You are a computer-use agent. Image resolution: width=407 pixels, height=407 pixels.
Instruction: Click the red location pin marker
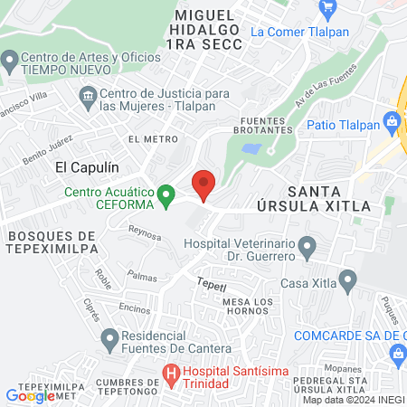(x=203, y=184)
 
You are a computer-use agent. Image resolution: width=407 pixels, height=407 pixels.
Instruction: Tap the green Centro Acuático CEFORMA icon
(x=166, y=194)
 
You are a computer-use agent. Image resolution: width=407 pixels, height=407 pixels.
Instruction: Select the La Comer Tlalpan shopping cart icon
(x=327, y=9)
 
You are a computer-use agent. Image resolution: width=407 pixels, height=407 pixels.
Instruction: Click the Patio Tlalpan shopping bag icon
(x=392, y=121)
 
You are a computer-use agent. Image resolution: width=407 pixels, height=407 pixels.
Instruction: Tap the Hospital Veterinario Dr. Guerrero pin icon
(x=308, y=245)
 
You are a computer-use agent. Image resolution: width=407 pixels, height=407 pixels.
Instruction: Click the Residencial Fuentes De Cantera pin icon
(x=109, y=341)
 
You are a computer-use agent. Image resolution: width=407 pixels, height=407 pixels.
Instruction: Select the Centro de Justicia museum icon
(x=88, y=94)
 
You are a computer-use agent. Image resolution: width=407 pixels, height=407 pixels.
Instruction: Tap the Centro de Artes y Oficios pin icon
(x=10, y=62)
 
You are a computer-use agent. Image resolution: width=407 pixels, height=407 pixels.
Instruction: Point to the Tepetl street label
(x=208, y=285)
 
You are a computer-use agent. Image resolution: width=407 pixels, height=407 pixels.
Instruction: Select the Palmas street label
(x=142, y=275)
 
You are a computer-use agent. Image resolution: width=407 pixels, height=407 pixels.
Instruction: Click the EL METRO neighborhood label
(x=147, y=139)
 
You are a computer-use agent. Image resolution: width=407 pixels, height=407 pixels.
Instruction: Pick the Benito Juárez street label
(x=47, y=148)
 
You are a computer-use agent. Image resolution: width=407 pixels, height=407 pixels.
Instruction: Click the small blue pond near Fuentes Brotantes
(x=252, y=149)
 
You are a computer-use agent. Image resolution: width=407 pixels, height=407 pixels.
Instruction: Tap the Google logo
(x=29, y=395)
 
